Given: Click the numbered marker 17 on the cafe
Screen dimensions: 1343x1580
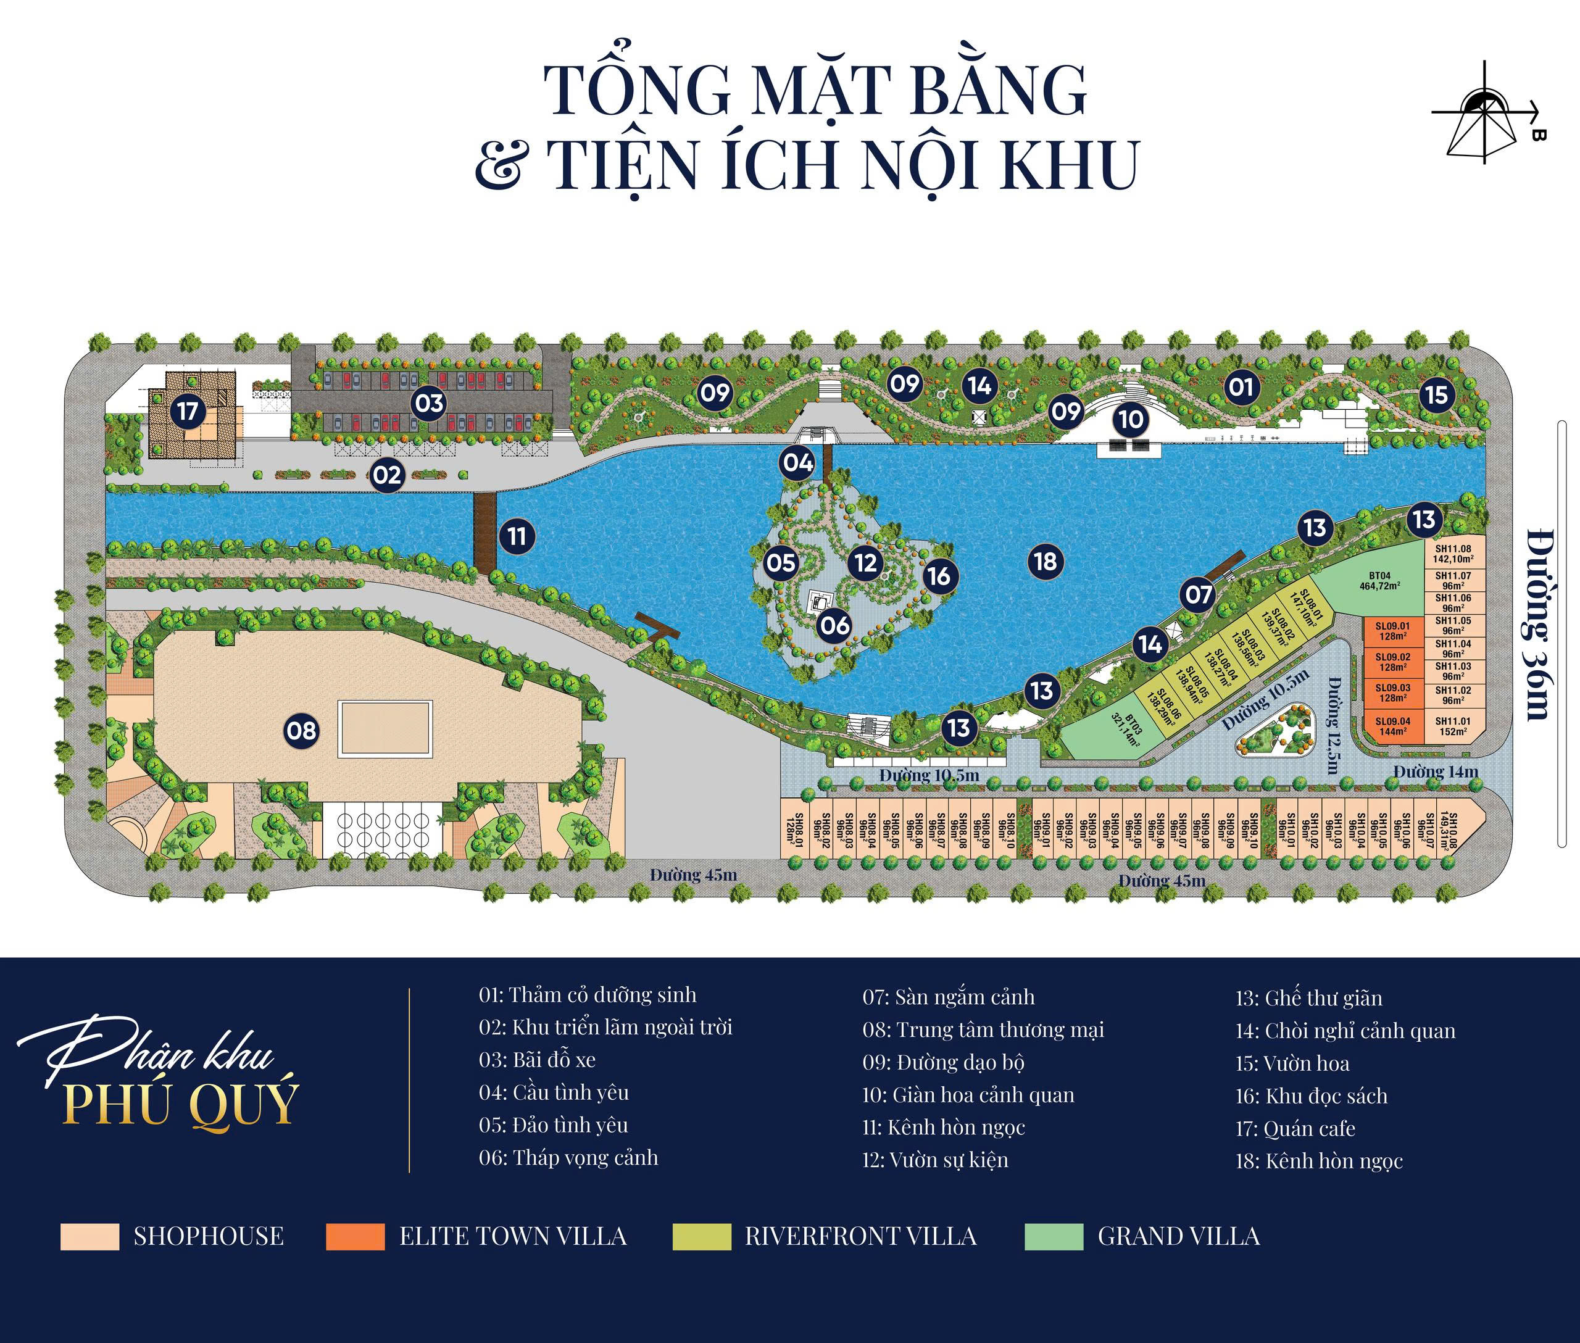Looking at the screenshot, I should pyautogui.click(x=188, y=412).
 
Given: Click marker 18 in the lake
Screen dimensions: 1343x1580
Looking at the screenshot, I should pyautogui.click(x=1046, y=561).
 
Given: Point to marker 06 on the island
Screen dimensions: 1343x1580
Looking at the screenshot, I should pyautogui.click(x=834, y=625).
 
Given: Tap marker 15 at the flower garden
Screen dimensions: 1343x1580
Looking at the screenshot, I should pyautogui.click(x=1436, y=394).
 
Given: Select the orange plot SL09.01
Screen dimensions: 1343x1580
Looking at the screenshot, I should pyautogui.click(x=1393, y=631).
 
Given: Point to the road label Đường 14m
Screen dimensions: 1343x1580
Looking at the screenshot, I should pyautogui.click(x=1436, y=771).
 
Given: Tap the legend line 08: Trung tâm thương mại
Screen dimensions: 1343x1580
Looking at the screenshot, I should pyautogui.click(x=983, y=1030).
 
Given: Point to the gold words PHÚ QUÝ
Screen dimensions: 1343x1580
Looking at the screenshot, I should pyautogui.click(x=180, y=1105).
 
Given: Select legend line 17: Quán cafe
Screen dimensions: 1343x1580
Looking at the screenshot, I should pyautogui.click(x=1294, y=1128).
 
